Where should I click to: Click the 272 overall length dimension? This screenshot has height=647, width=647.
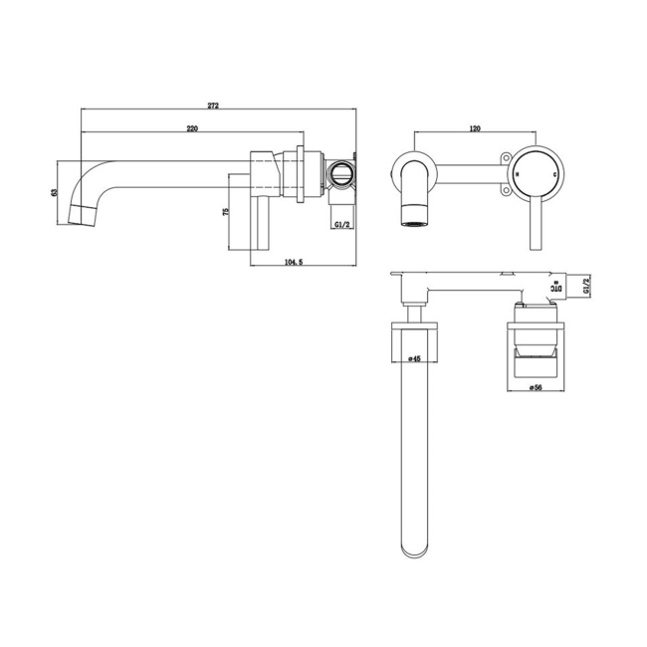click(214, 106)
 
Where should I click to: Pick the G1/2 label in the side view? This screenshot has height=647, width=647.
click(341, 225)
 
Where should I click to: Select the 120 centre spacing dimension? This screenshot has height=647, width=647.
click(475, 129)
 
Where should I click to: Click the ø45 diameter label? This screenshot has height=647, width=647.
click(416, 359)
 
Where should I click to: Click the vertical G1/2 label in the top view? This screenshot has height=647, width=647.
click(588, 287)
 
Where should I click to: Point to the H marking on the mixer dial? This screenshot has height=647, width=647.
click(519, 173)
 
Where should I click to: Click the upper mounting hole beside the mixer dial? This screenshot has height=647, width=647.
click(505, 157)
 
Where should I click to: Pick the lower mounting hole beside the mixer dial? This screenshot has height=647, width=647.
click(505, 189)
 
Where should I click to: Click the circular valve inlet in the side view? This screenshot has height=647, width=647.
click(341, 174)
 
